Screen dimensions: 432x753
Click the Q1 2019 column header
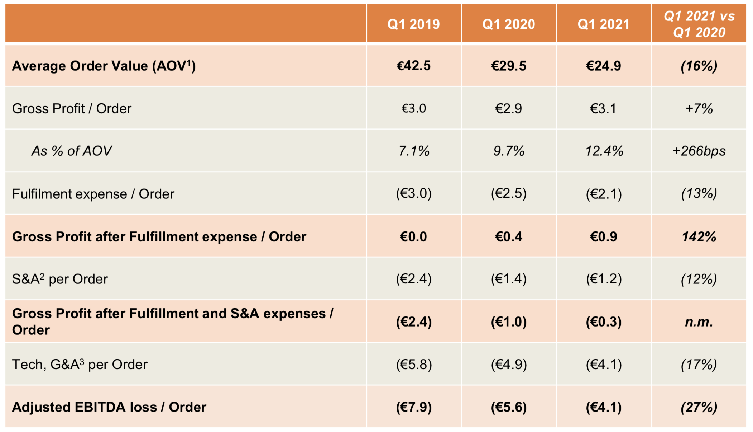[x=413, y=24]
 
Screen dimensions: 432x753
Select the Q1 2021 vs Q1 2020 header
[x=699, y=24]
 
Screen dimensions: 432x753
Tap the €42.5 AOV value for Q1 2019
[x=413, y=66]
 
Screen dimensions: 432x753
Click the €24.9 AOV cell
[x=604, y=66]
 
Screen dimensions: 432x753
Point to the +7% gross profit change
[x=699, y=108]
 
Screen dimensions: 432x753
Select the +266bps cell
[x=699, y=151]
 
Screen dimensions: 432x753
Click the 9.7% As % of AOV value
[x=509, y=151]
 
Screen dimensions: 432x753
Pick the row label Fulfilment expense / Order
[x=93, y=194]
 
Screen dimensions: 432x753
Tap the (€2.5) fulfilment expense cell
[x=509, y=194]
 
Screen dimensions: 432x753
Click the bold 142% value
[x=699, y=237]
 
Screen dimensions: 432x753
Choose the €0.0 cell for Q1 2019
[x=413, y=237]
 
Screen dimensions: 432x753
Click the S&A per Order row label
[x=60, y=279]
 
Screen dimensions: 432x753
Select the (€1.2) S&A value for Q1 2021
[x=604, y=279]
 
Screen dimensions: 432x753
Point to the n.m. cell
[x=699, y=322]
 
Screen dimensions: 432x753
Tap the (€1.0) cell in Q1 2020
[x=509, y=322]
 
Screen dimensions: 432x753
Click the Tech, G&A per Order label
[x=80, y=365]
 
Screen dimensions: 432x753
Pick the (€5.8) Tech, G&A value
[x=413, y=365]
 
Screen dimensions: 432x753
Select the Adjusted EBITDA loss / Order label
[x=109, y=407]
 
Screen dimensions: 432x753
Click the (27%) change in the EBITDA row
[x=699, y=407]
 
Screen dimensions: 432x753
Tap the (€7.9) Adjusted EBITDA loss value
[x=413, y=407]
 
